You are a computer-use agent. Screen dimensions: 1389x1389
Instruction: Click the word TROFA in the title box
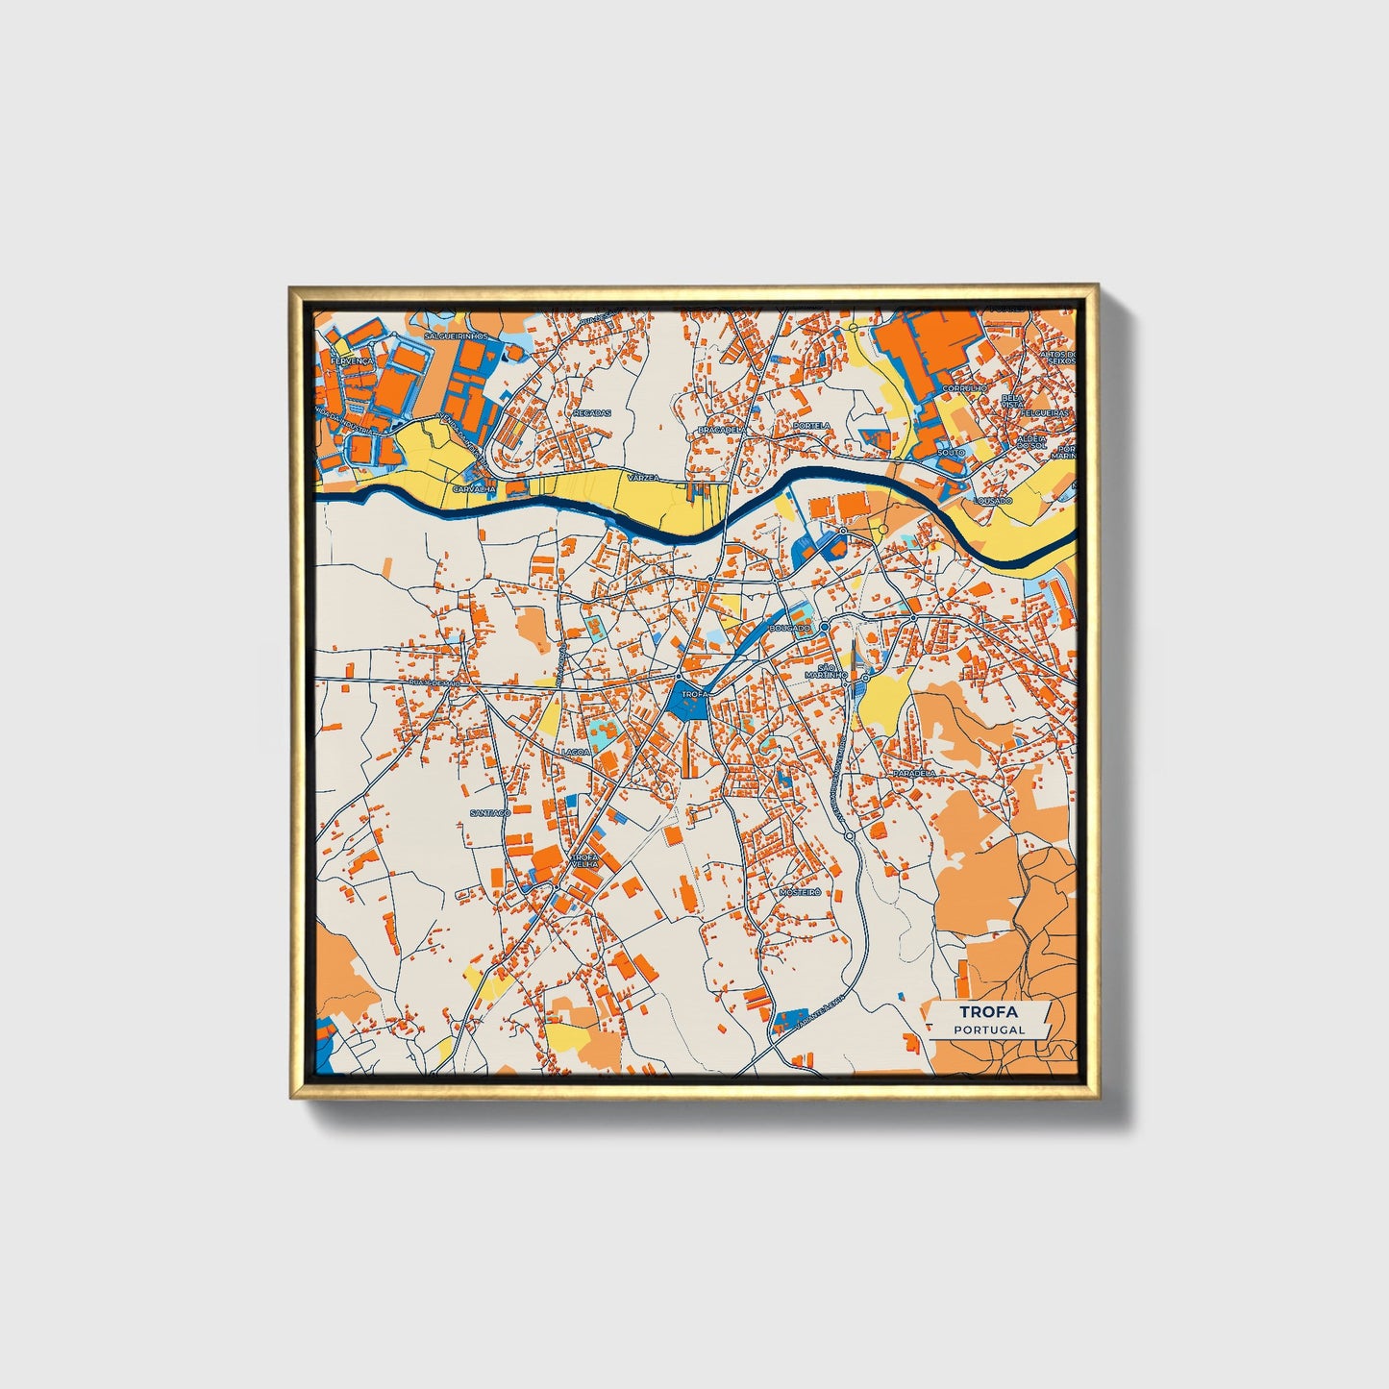(989, 1011)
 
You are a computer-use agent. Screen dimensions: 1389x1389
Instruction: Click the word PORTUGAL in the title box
(989, 1029)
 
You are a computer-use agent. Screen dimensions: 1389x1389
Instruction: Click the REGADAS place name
(591, 412)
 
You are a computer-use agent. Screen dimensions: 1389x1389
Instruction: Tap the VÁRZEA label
(640, 477)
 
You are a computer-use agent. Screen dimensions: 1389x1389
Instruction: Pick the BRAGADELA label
(722, 429)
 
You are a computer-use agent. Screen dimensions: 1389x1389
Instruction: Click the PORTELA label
(810, 425)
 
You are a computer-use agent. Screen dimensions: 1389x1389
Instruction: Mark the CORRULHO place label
(964, 388)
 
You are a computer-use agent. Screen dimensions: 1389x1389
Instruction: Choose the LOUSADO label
(993, 501)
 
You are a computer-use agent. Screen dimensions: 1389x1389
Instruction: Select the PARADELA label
(913, 773)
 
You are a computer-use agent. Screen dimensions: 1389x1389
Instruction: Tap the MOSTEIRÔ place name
(801, 892)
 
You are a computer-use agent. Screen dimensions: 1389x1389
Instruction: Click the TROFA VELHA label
(584, 859)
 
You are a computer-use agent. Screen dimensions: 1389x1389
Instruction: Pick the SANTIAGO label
(490, 812)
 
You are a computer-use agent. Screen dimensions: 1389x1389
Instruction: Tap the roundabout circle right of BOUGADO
(825, 627)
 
